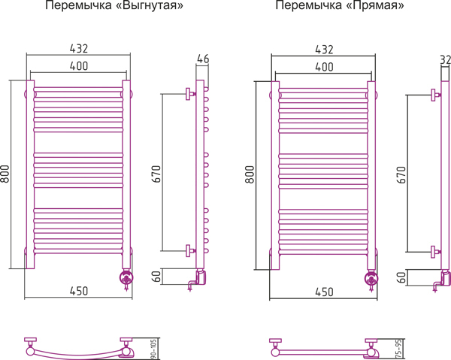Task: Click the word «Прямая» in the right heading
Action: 375,5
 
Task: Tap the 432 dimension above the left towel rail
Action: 79,49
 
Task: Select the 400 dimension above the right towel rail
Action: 324,67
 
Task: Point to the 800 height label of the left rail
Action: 5,174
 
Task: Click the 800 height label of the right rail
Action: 250,174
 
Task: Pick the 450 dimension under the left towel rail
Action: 79,291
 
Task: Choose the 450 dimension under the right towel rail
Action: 324,292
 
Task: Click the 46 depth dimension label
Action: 203,59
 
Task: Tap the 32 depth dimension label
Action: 446,60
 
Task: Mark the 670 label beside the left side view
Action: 157,174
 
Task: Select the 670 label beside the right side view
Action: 401,175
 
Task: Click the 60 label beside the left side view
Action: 156,277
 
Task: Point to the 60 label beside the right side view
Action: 402,277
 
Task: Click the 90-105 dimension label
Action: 153,349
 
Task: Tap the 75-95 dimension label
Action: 398,349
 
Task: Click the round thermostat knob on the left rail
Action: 126,277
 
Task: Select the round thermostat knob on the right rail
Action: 371,278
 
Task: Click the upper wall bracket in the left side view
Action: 190,94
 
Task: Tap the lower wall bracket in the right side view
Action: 435,252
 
